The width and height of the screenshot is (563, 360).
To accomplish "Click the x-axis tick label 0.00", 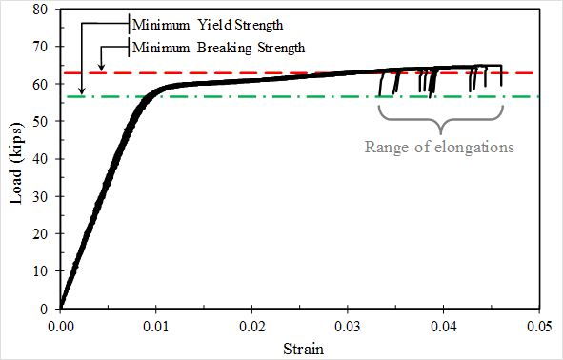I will tap(60, 326).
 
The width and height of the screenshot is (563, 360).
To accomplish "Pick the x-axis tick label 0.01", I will tap(156, 326).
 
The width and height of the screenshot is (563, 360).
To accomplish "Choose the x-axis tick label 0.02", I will tap(251, 326).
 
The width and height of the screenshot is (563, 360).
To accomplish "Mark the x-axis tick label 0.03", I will tap(348, 326).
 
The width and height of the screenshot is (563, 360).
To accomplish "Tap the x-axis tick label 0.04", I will tap(444, 326).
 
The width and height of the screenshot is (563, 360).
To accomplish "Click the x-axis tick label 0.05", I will tap(539, 326).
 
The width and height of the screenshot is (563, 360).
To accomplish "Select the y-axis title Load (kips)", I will tap(16, 160).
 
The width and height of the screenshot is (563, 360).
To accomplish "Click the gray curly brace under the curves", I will tap(440, 121).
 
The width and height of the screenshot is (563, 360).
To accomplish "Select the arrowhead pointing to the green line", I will tap(82, 91).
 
